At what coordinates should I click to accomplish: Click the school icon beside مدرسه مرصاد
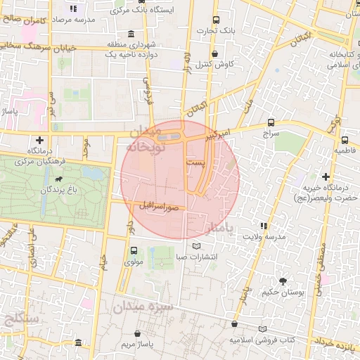pyautogui.click(x=75, y=9)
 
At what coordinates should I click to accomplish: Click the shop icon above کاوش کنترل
pyautogui.click(x=214, y=53)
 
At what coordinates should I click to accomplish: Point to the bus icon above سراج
pyautogui.click(x=271, y=122)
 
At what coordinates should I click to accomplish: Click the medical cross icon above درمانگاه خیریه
pyautogui.click(x=326, y=176)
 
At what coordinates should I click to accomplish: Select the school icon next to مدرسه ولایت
pyautogui.click(x=264, y=226)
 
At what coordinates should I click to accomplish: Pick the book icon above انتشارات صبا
pyautogui.click(x=196, y=245)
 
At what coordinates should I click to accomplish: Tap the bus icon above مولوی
pyautogui.click(x=134, y=250)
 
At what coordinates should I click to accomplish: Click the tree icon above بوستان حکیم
pyautogui.click(x=283, y=281)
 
